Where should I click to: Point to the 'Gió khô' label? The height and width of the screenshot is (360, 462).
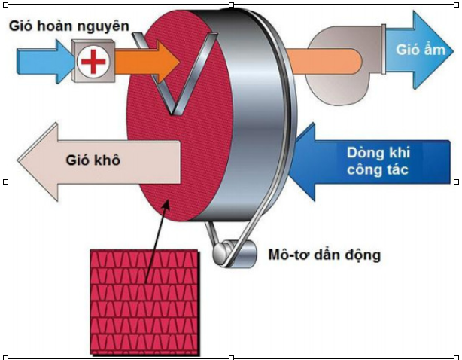(x=95, y=160)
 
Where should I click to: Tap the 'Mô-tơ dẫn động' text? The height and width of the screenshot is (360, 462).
(x=324, y=255)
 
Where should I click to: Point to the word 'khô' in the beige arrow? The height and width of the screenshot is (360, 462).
(x=108, y=160)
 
